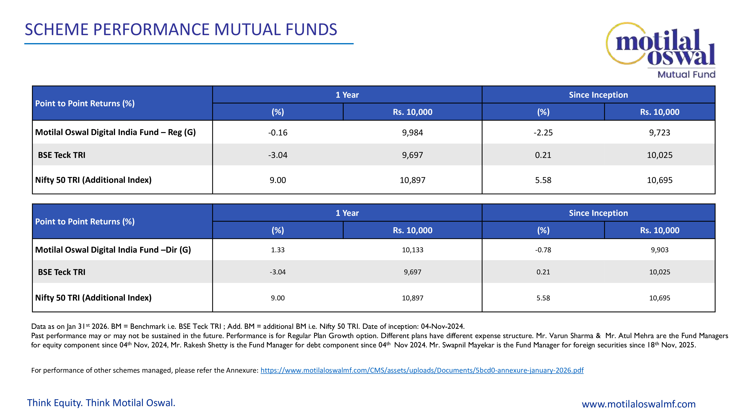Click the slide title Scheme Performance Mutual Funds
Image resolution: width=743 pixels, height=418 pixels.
(181, 30)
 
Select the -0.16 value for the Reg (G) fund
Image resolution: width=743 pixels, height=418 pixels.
(278, 133)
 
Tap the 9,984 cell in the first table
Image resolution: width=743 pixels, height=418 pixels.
(412, 133)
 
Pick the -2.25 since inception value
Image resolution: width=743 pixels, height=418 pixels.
(543, 133)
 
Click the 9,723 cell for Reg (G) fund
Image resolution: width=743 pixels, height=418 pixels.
(660, 133)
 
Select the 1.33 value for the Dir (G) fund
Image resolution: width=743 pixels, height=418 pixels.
(278, 250)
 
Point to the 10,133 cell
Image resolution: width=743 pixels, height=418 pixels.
(412, 250)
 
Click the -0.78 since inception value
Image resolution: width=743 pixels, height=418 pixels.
(543, 250)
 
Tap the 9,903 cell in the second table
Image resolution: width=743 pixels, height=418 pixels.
(660, 250)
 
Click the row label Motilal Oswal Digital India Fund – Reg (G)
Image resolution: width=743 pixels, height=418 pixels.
(115, 132)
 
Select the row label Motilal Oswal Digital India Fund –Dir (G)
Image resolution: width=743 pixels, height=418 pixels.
(113, 250)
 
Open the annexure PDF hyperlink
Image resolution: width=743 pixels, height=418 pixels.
(422, 370)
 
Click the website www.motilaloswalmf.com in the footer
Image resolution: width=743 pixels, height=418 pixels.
(639, 404)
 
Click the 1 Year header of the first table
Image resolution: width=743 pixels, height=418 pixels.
(347, 95)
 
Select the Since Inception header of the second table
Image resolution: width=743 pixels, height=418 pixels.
(598, 213)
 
